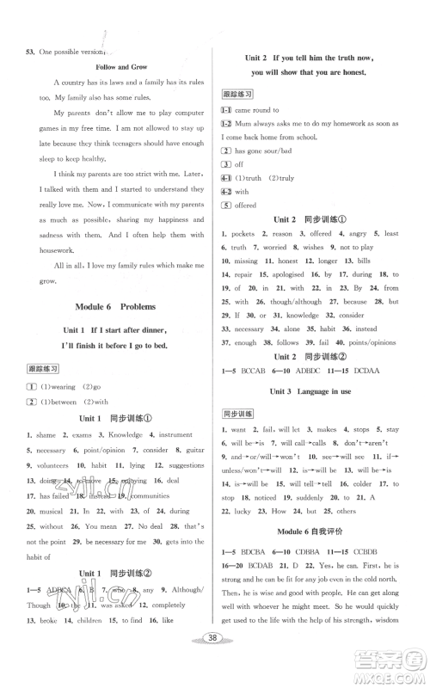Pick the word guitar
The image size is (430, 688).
click(195, 448)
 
